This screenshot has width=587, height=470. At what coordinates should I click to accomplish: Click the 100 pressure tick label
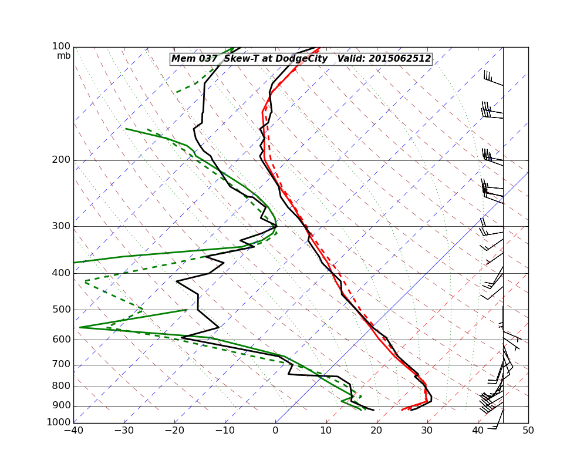click(61, 46)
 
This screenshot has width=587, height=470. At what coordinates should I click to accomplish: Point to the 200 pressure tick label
click(61, 160)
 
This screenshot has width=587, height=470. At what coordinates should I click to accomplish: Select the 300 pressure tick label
click(61, 226)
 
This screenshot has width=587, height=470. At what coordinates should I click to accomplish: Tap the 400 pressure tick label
click(61, 273)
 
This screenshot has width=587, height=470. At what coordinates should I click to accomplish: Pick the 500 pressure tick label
click(61, 310)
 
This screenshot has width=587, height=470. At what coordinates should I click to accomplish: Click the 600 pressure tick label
click(61, 340)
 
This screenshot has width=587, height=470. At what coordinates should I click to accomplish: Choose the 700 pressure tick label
click(61, 365)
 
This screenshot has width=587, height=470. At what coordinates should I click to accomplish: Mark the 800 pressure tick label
click(61, 387)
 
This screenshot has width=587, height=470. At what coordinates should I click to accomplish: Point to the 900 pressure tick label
click(61, 406)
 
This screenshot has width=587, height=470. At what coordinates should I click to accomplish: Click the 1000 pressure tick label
click(59, 422)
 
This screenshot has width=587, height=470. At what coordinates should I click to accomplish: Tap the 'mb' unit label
click(64, 56)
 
